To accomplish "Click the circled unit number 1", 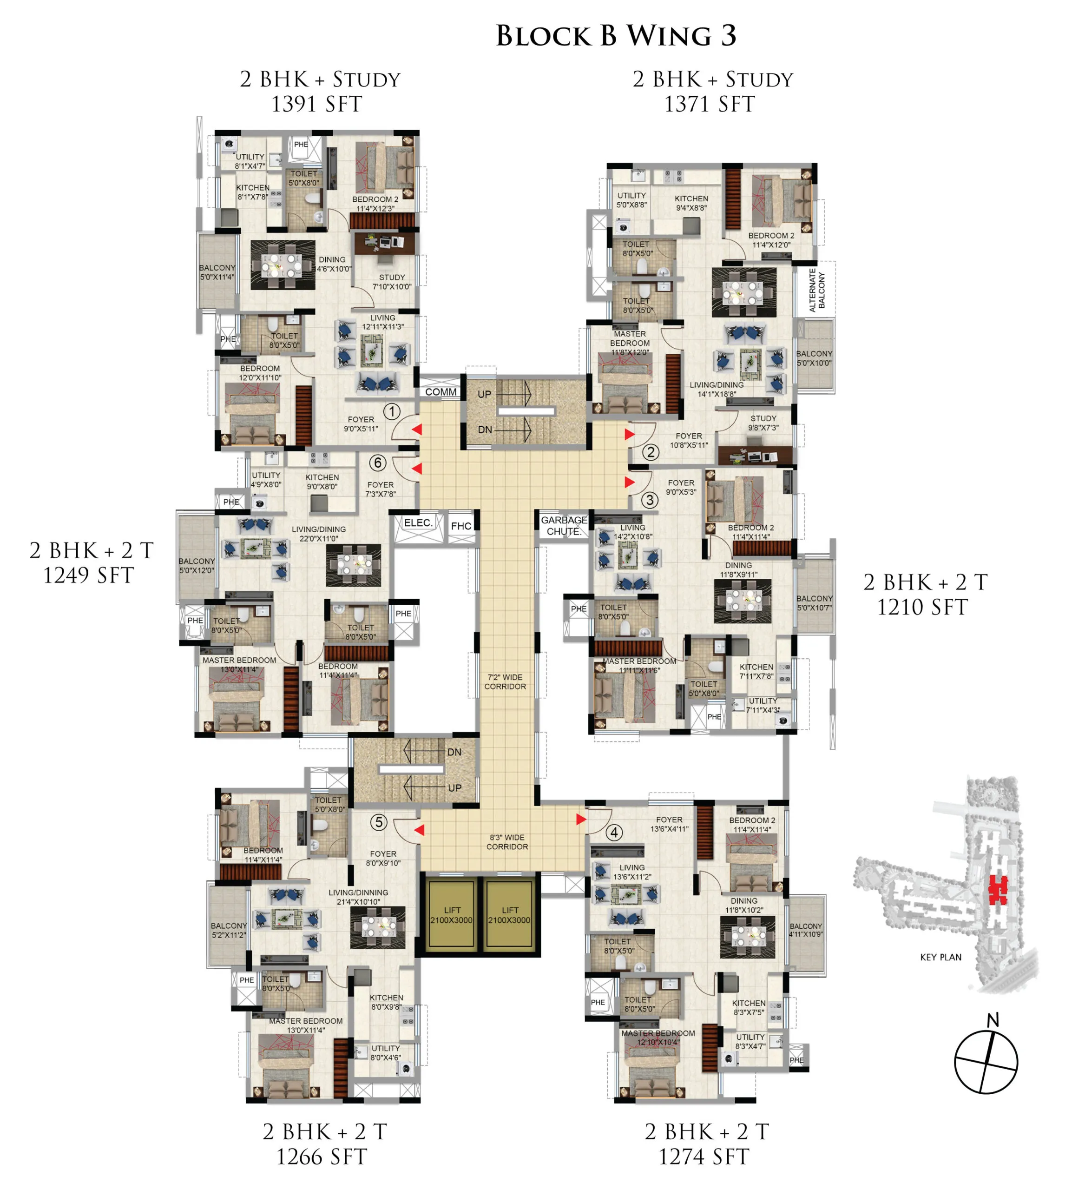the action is (x=392, y=411).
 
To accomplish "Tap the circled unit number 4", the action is (x=614, y=833).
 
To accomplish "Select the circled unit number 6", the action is (x=378, y=463).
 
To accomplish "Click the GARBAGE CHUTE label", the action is (x=564, y=525).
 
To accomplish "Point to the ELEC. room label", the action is (x=418, y=522).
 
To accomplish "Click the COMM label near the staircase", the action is (x=441, y=392).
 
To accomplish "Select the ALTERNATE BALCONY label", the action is (x=817, y=291).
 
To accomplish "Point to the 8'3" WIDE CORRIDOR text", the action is (x=506, y=842).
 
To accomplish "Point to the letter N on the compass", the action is (x=993, y=1020).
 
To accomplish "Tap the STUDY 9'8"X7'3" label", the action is (x=763, y=423).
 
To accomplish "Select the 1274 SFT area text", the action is (x=704, y=1157).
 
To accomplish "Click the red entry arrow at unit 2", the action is (x=630, y=434).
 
